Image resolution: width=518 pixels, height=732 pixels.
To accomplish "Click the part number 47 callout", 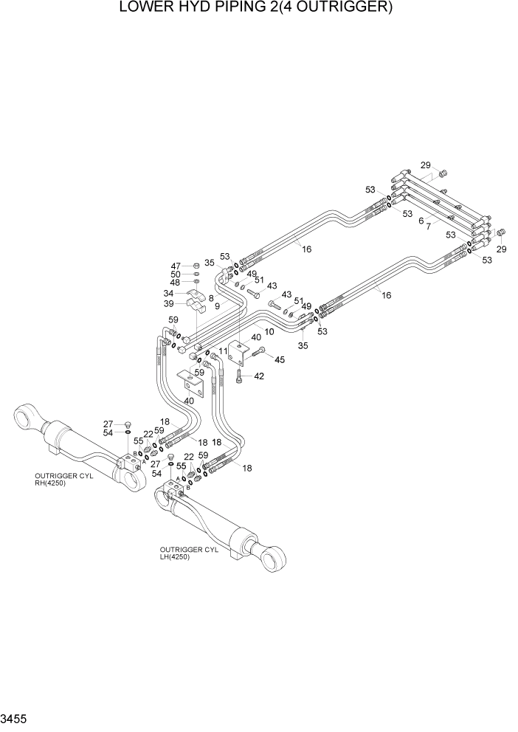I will tap(176, 266).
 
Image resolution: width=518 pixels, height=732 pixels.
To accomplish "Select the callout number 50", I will tap(176, 274).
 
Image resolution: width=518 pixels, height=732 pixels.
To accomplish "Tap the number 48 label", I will tap(176, 282).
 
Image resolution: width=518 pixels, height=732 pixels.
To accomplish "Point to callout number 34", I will tap(168, 293).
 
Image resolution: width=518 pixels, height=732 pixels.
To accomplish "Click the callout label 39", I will tap(168, 303).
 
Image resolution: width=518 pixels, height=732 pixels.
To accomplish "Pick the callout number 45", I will tap(279, 359).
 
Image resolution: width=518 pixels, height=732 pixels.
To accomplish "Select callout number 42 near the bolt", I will tap(258, 376).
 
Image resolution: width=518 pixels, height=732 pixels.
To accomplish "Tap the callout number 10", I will tap(269, 332).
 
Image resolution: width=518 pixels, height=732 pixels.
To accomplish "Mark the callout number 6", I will tap(421, 220).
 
